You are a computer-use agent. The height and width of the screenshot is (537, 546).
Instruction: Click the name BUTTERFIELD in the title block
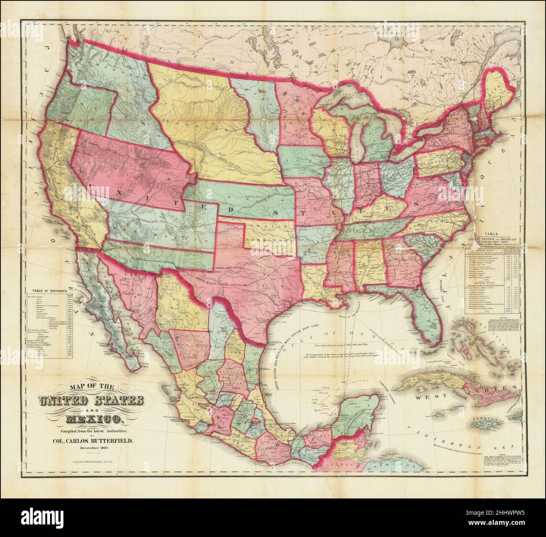[x=102, y=441]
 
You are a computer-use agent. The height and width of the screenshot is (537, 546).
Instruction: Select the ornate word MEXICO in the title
[x=94, y=418]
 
